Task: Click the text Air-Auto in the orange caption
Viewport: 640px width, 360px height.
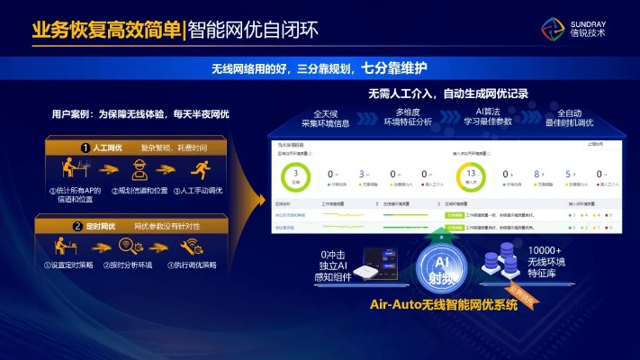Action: coord(401,305)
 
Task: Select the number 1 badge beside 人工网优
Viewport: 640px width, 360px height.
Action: coord(85,147)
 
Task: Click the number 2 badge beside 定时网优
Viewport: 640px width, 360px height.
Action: coord(78,225)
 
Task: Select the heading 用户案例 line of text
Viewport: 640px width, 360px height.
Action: coord(140,114)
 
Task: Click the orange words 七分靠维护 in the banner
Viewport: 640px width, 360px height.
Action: coord(394,67)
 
